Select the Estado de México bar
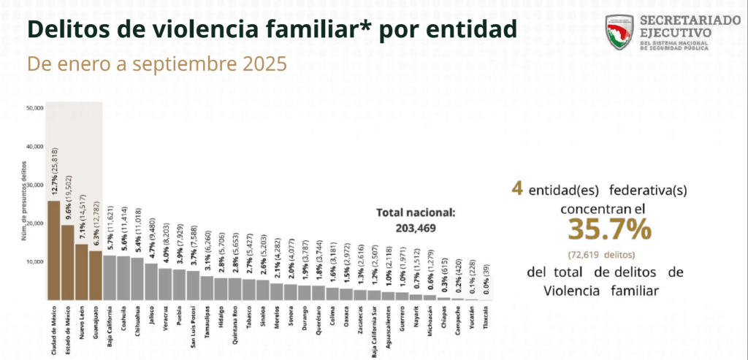[67, 263]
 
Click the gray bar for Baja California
[109, 278]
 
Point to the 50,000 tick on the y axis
[34, 108]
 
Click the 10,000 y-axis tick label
[34, 261]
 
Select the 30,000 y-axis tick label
[34, 185]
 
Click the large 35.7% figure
[609, 230]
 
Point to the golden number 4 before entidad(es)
[516, 189]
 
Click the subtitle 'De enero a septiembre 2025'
[156, 64]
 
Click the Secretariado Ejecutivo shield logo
[620, 34]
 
